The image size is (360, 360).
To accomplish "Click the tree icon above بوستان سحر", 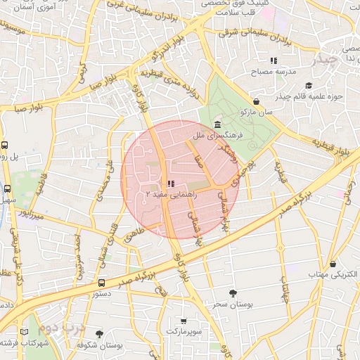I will tap(233, 292).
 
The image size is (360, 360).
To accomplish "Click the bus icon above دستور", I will tap(102, 283).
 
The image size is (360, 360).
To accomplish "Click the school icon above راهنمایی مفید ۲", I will tap(172, 183).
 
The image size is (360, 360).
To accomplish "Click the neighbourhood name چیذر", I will tap(327, 59).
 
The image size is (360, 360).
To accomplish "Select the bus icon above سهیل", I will tap(8, 188).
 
